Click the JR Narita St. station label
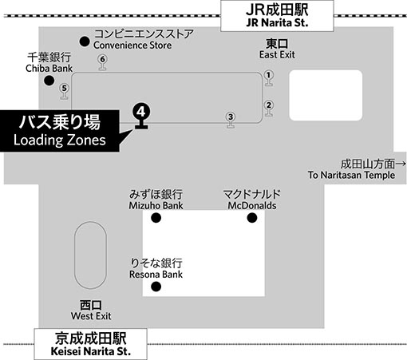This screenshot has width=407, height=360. tap(277, 16)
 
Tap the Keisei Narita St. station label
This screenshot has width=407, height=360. tap(90, 344)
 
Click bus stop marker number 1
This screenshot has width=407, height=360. tap(269, 78)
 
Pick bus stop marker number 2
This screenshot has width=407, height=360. tap(269, 108)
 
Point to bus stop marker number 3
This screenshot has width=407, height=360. tap(231, 120)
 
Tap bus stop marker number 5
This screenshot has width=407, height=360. tap(64, 91)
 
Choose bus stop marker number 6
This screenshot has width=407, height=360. tap(102, 62)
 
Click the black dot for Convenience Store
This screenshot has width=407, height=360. tap(85, 42)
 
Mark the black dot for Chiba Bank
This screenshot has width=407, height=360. tap(49, 81)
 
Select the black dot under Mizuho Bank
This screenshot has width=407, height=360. tap(156, 218)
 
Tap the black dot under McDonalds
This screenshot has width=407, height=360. tap(252, 218)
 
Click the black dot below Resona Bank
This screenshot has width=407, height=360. tap(156, 287)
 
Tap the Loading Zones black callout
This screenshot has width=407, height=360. tap(60, 131)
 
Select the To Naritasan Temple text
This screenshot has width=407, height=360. tap(351, 175)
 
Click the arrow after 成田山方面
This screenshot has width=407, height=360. tap(401, 164)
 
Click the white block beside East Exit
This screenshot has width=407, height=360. tap(326, 95)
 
